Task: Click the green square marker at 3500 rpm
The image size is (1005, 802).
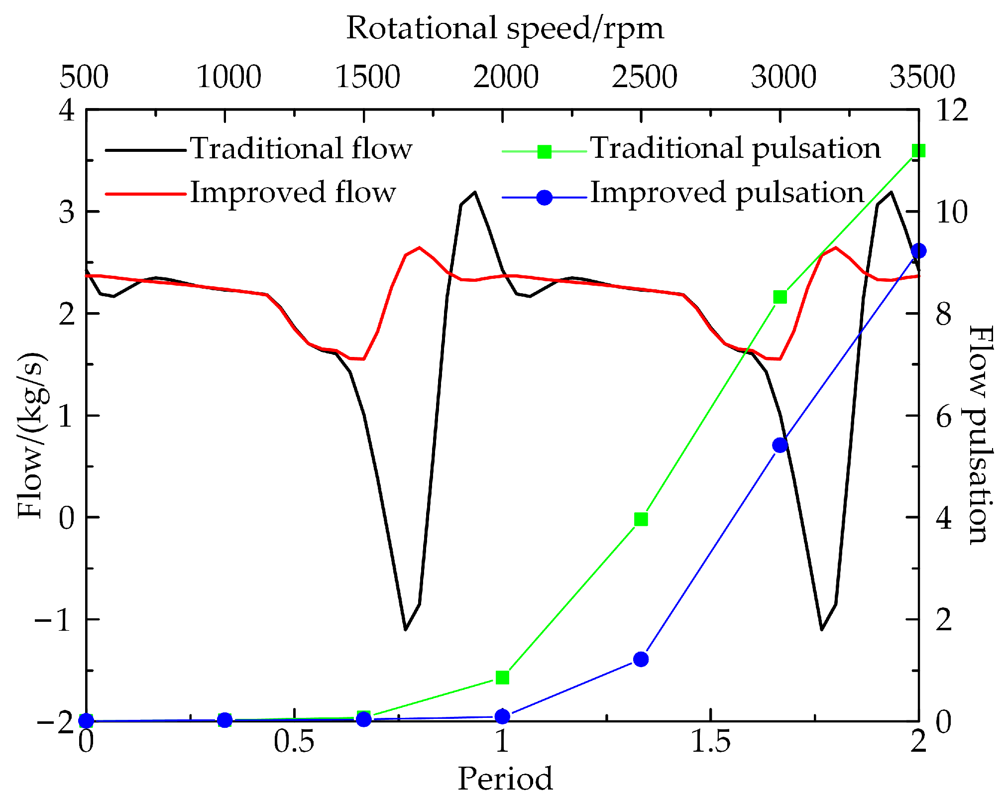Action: (x=918, y=151)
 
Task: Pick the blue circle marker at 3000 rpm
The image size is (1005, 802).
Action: (x=780, y=445)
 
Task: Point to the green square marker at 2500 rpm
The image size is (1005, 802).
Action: (x=641, y=519)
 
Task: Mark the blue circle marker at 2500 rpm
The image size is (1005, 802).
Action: (x=641, y=660)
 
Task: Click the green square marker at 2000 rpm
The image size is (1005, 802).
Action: (x=503, y=678)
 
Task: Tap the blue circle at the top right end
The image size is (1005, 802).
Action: (x=918, y=251)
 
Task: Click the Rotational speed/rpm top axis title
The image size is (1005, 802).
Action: (x=505, y=28)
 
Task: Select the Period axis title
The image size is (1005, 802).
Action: (x=505, y=778)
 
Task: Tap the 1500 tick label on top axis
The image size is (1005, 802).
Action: (x=367, y=77)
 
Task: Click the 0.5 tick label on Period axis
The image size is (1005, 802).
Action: (x=294, y=742)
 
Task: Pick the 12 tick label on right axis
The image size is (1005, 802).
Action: (x=952, y=110)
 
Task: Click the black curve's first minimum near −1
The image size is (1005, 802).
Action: (x=406, y=629)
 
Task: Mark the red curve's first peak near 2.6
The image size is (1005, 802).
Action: (x=420, y=247)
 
